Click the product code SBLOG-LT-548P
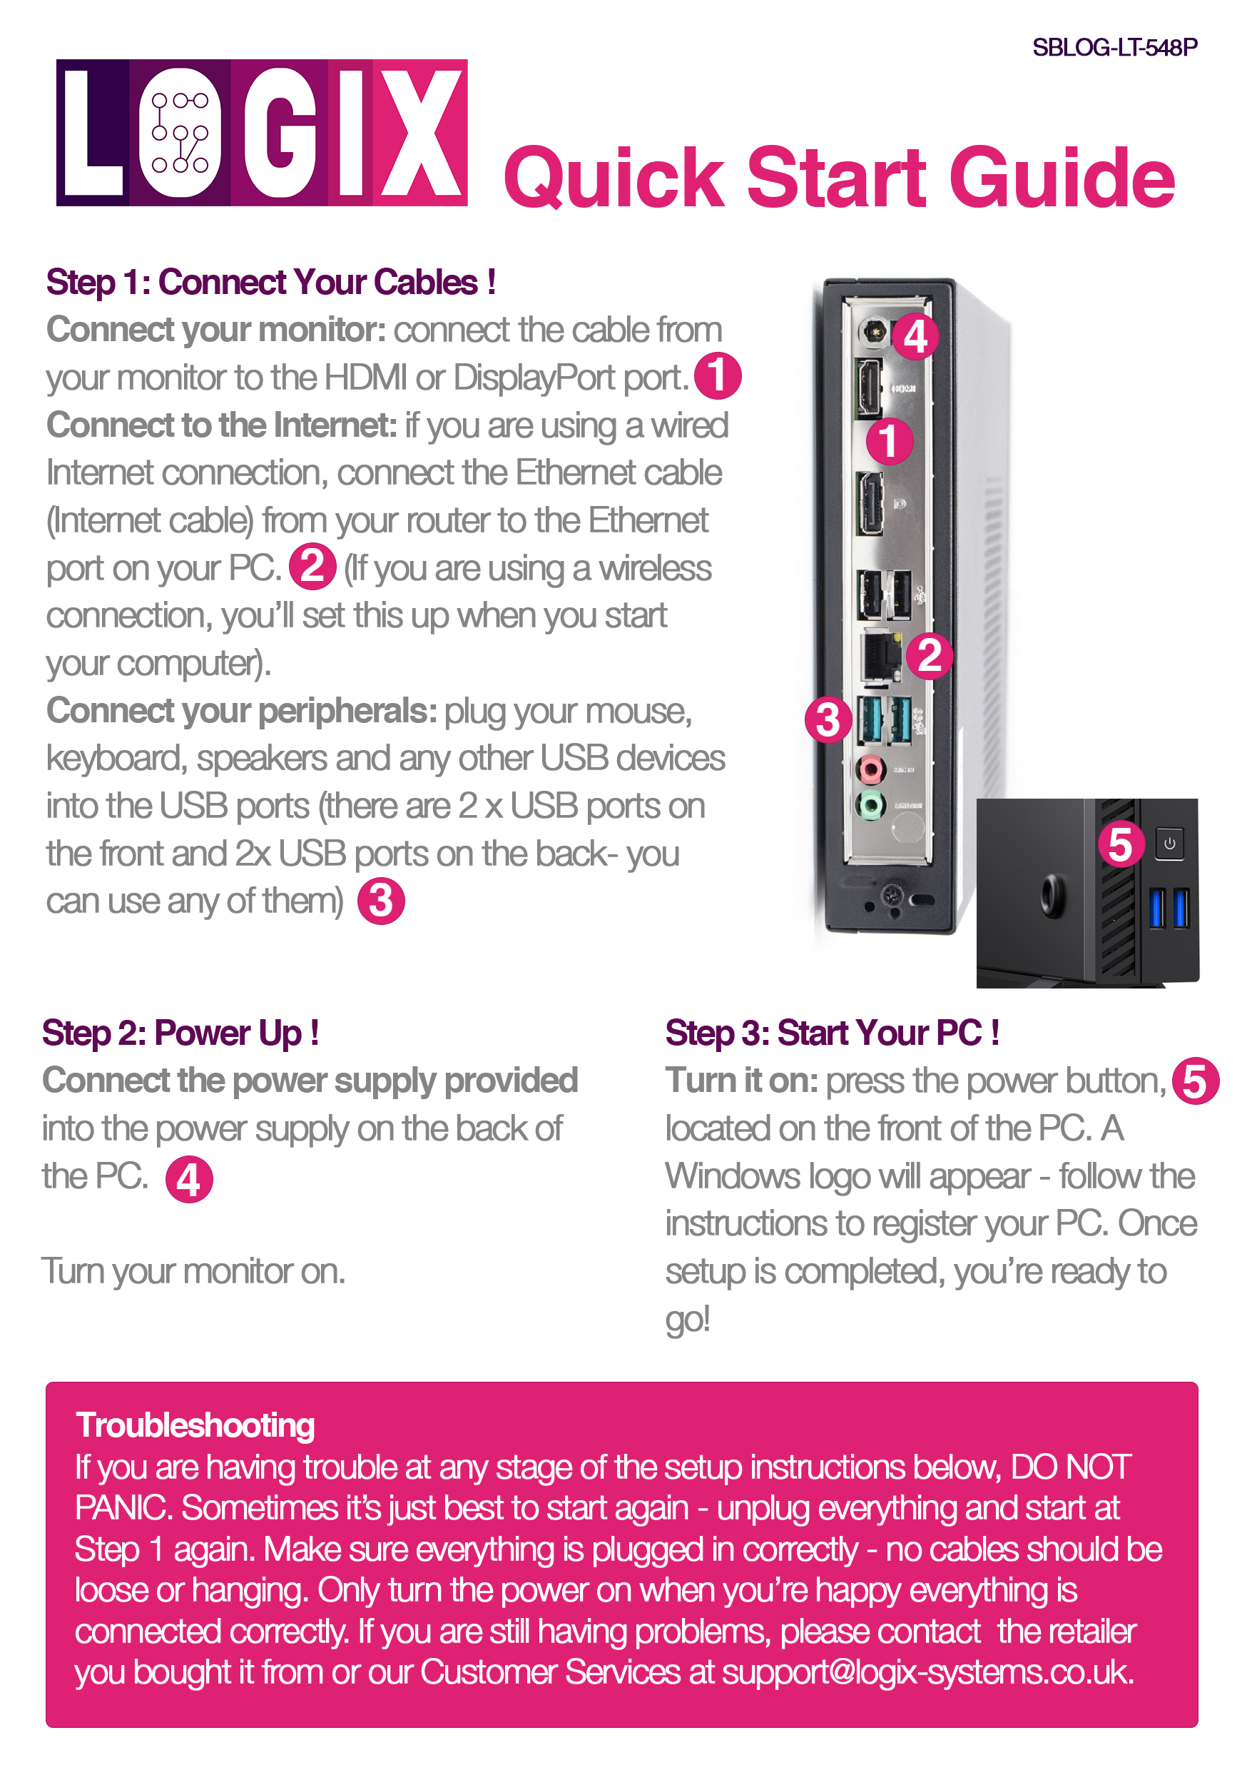(1114, 47)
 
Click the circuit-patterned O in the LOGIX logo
(180, 133)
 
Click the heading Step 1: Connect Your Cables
(270, 282)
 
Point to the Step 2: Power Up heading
(180, 1033)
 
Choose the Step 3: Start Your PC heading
(833, 1033)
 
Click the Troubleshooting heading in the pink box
(195, 1425)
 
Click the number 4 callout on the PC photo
(915, 336)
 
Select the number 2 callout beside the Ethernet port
(929, 655)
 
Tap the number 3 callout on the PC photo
(828, 719)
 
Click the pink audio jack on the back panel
(871, 768)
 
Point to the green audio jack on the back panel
(870, 806)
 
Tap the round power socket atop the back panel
(873, 333)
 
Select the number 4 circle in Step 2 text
(189, 1179)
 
